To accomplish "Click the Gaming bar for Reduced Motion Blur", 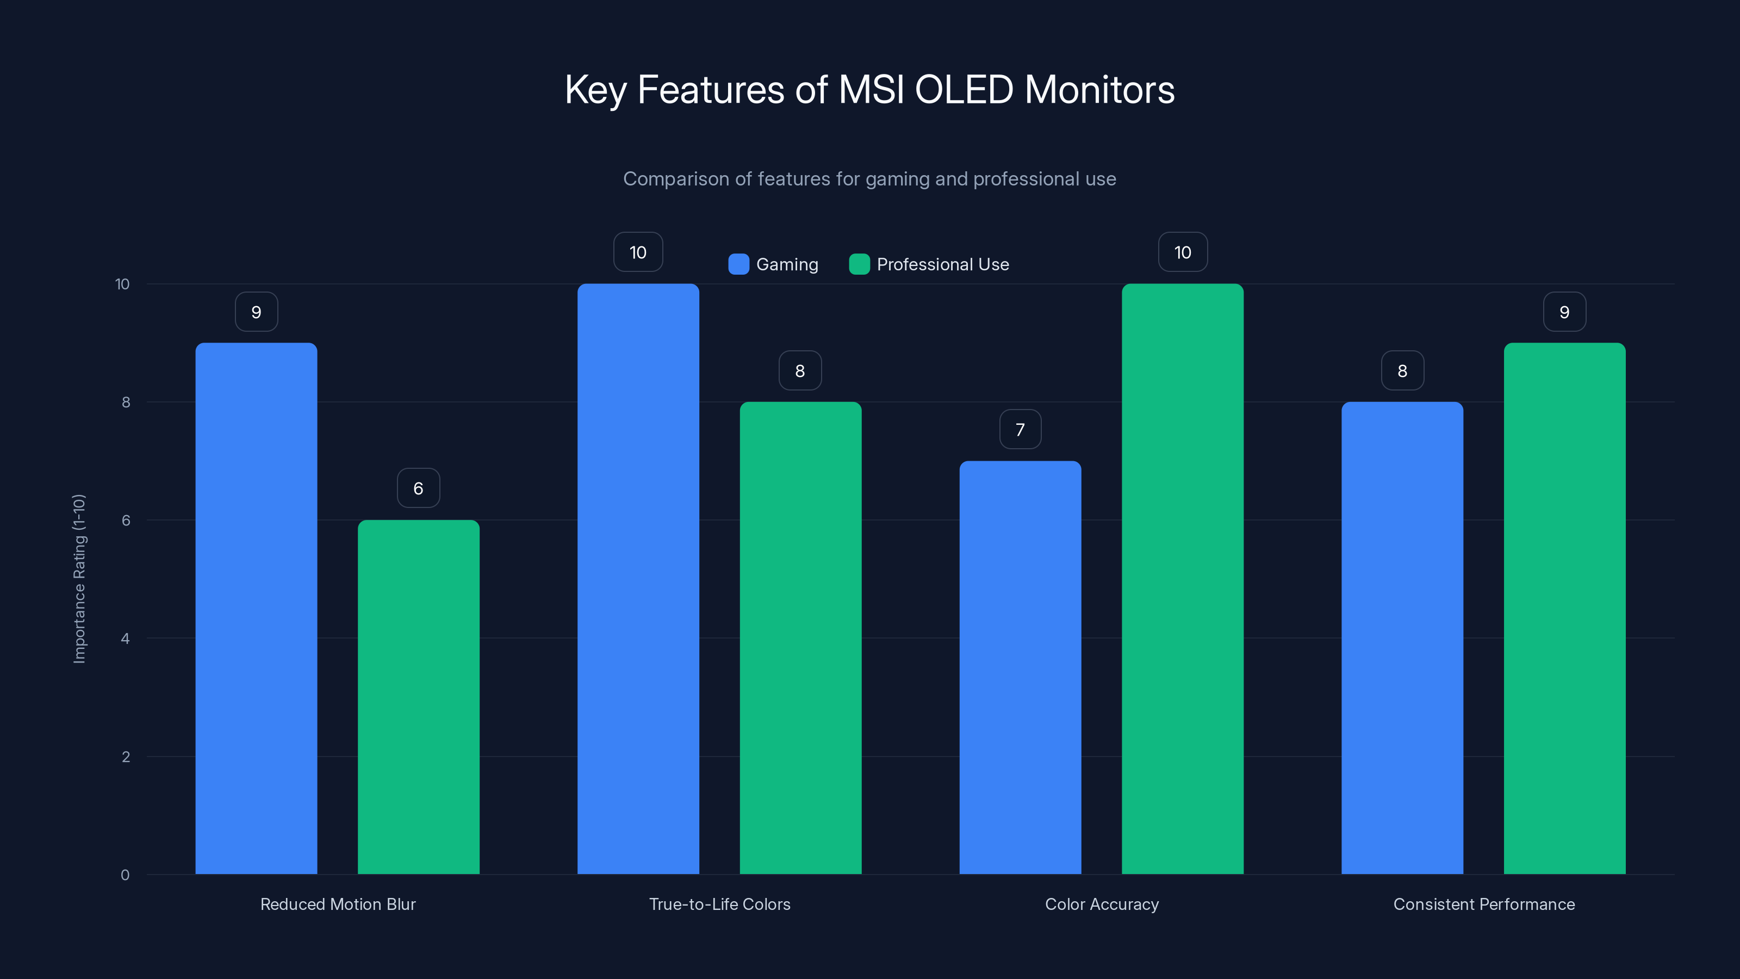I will pyautogui.click(x=256, y=608).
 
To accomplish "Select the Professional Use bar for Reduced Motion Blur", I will pyautogui.click(x=418, y=697).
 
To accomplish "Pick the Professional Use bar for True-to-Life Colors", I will pyautogui.click(x=800, y=638).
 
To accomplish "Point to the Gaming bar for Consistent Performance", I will pyautogui.click(x=1402, y=638).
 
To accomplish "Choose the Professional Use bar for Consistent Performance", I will pyautogui.click(x=1564, y=608).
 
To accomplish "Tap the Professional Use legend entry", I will pyautogui.click(x=929, y=264).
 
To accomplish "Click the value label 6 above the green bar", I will pyautogui.click(x=418, y=488).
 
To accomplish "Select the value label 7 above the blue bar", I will pyautogui.click(x=1020, y=429).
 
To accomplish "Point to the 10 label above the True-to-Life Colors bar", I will pyautogui.click(x=638, y=252).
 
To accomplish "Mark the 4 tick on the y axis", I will pyautogui.click(x=125, y=639).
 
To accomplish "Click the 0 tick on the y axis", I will pyautogui.click(x=125, y=875).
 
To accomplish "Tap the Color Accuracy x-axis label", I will pyautogui.click(x=1102, y=904).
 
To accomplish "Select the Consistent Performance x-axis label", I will pyautogui.click(x=1484, y=904).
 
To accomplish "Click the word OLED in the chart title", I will pyautogui.click(x=964, y=89).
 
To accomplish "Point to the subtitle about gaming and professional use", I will pyautogui.click(x=869, y=178).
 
